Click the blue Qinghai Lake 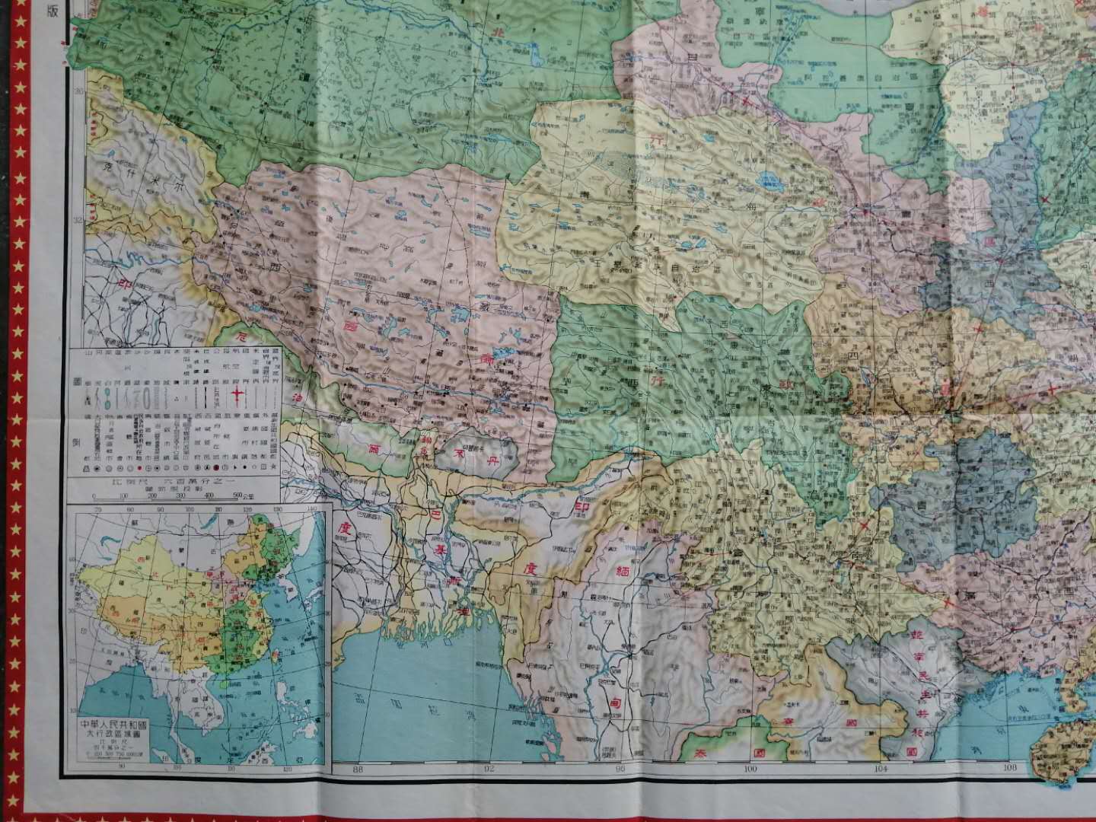pyautogui.click(x=770, y=182)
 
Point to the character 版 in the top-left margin pyautogui.click(x=53, y=11)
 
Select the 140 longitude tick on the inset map pyautogui.click(x=311, y=509)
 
